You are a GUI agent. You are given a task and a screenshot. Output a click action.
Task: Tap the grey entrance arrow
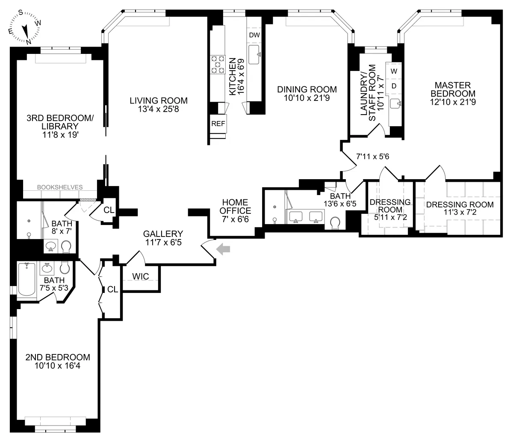point(222,249)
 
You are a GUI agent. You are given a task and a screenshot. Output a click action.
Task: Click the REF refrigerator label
point(218,124)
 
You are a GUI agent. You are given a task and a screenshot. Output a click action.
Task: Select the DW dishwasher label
point(254,35)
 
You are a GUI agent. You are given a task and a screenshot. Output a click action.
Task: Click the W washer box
point(394,71)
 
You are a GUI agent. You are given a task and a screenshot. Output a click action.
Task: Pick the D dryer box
point(394,86)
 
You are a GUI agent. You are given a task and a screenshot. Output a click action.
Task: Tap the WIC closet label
point(140,277)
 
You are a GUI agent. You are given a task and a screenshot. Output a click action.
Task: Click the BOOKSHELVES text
point(60,187)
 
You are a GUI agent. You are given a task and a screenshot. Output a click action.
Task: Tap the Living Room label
point(159,101)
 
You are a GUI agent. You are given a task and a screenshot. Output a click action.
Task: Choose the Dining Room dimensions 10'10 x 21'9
point(307,98)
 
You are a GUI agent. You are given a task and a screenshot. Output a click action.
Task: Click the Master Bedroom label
point(453,89)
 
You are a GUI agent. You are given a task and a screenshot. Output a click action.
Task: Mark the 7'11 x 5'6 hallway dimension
point(373,157)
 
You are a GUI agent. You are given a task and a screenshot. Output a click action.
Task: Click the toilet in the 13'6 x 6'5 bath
point(336,223)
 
